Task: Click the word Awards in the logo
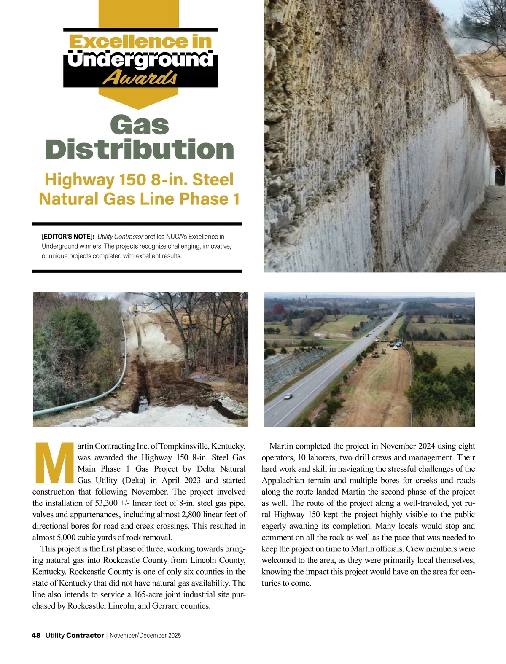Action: point(140,78)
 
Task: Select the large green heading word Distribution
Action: point(140,150)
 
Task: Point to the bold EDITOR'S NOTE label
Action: point(68,237)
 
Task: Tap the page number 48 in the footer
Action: point(36,635)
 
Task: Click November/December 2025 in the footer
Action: point(145,635)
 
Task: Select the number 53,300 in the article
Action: point(104,503)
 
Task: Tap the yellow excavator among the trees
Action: point(189,321)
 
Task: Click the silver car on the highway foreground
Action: point(288,396)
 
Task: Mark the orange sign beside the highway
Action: point(343,366)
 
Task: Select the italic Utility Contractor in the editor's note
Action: point(120,237)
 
